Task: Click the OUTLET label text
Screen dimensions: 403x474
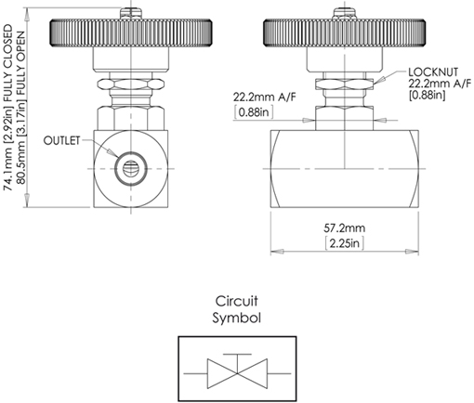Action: pyautogui.click(x=63, y=140)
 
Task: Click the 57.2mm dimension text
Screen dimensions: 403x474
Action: pyautogui.click(x=346, y=227)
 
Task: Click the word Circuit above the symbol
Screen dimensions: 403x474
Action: pyautogui.click(x=236, y=302)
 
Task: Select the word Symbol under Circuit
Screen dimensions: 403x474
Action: pyautogui.click(x=237, y=317)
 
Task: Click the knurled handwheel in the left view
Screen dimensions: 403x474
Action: pyautogui.click(x=128, y=34)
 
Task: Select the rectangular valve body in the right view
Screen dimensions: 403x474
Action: pyautogui.click(x=345, y=167)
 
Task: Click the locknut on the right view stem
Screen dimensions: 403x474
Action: pyautogui.click(x=344, y=92)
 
